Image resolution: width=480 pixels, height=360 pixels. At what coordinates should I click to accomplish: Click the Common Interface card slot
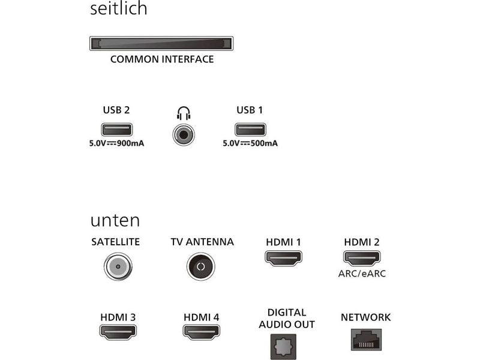(x=161, y=43)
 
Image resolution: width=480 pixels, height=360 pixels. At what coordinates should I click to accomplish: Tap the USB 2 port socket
(x=116, y=130)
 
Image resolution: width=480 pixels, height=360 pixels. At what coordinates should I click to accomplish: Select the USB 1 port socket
(x=250, y=130)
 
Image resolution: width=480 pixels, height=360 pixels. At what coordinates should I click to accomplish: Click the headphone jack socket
(x=184, y=134)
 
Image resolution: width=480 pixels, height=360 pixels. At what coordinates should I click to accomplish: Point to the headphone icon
(x=184, y=113)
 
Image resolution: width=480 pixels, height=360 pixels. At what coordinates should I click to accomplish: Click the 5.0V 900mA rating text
(x=116, y=143)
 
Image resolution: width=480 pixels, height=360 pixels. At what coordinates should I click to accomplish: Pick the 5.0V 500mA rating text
(x=250, y=143)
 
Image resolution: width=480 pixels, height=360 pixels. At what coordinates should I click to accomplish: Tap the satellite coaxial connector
(x=118, y=266)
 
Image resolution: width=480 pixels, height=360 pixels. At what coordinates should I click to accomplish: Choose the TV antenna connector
(x=201, y=266)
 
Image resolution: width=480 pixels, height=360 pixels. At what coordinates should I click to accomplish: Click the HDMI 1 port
(x=283, y=258)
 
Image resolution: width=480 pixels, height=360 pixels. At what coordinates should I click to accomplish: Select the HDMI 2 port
(x=362, y=258)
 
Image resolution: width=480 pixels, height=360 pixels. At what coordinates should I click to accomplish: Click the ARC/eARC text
(x=362, y=274)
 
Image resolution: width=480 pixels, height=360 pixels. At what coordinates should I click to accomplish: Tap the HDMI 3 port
(x=118, y=332)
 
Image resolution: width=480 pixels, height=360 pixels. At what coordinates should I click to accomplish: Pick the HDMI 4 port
(x=202, y=332)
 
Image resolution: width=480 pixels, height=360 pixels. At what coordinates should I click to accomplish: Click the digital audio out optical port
(x=283, y=347)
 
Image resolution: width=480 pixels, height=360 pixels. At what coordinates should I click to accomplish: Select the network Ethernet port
(x=366, y=340)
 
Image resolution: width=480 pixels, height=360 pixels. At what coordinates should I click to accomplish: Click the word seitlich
(x=119, y=8)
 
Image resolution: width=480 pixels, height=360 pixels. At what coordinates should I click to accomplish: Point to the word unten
(x=115, y=220)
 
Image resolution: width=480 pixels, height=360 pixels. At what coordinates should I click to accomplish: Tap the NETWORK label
(x=366, y=317)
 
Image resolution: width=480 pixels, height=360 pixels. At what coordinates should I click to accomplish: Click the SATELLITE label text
(x=116, y=242)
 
